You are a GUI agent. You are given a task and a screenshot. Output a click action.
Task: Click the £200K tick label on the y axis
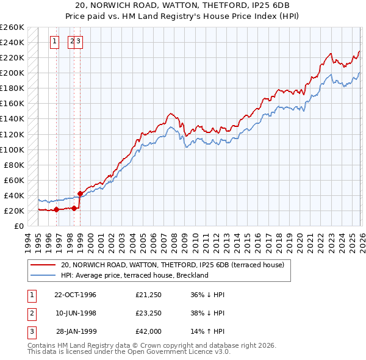pyautogui.click(x=12, y=73)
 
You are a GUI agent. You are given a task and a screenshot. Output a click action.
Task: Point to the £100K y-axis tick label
pyautogui.click(x=12, y=149)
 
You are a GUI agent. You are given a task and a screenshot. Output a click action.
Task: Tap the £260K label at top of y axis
pyautogui.click(x=12, y=27)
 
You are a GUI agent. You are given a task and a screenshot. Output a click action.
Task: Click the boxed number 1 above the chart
pyautogui.click(x=54, y=41)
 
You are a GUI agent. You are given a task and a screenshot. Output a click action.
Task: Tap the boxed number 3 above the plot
pyautogui.click(x=79, y=41)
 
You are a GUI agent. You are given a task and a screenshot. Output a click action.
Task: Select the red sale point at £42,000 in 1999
pyautogui.click(x=80, y=193)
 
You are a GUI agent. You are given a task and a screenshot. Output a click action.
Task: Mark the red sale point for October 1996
pyautogui.click(x=57, y=209)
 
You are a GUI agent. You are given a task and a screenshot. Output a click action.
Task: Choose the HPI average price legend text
pyautogui.click(x=134, y=275)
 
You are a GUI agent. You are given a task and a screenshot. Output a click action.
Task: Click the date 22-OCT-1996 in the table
pyautogui.click(x=75, y=295)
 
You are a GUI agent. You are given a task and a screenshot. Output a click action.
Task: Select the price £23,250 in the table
pyautogui.click(x=149, y=313)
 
